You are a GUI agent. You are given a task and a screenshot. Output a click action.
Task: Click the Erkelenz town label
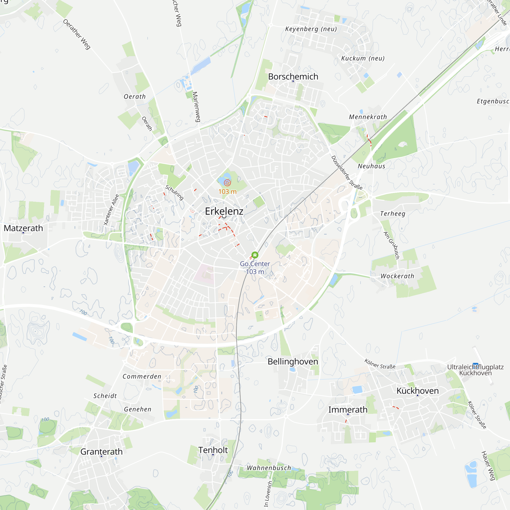coord(224,211)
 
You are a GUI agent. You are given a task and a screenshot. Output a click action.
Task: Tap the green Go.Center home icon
coord(255,255)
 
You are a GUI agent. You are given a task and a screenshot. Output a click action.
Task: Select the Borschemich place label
coord(293,76)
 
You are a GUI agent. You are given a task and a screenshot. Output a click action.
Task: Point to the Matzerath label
coord(23,228)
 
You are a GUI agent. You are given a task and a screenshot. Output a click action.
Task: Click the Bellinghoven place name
coord(293,362)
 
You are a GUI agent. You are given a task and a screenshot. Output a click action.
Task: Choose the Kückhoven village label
coord(417,391)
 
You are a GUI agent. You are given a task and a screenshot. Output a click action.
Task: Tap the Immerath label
coord(348,410)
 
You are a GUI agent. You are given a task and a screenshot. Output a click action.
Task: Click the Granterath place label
coord(101,452)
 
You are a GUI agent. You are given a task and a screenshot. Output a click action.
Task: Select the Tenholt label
coord(213,450)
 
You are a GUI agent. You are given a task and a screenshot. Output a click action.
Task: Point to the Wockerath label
coord(397,276)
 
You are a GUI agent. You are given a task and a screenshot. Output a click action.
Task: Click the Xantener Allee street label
coord(111,210)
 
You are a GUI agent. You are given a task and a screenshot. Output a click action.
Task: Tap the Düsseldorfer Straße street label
coord(347,173)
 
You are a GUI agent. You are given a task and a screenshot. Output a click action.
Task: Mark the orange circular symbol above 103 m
coord(227,183)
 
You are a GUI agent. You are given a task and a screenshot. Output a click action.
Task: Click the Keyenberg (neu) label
coord(311,29)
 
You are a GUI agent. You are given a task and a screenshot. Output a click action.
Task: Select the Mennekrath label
coord(368,117)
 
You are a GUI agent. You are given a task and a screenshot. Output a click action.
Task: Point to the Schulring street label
coord(174,193)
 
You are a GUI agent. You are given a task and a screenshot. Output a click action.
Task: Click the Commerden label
coord(142,376)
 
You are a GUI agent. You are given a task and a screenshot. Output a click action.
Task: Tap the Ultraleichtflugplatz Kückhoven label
coord(475,370)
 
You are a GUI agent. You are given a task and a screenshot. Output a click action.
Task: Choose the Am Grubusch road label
coord(391,245)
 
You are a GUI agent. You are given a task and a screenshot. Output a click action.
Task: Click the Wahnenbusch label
coord(269,468)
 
